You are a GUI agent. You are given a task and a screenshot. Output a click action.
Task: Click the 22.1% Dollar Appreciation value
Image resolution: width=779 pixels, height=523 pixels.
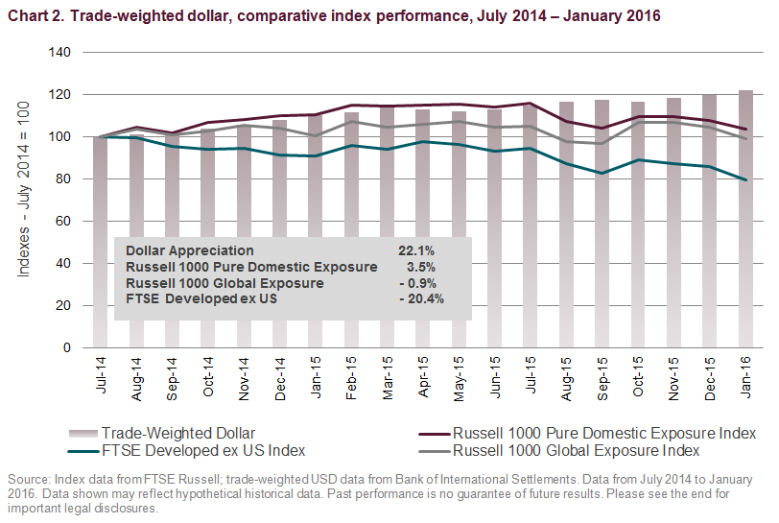[416, 250]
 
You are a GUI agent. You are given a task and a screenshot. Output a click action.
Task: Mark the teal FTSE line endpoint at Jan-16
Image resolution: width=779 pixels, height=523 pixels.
[745, 179]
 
